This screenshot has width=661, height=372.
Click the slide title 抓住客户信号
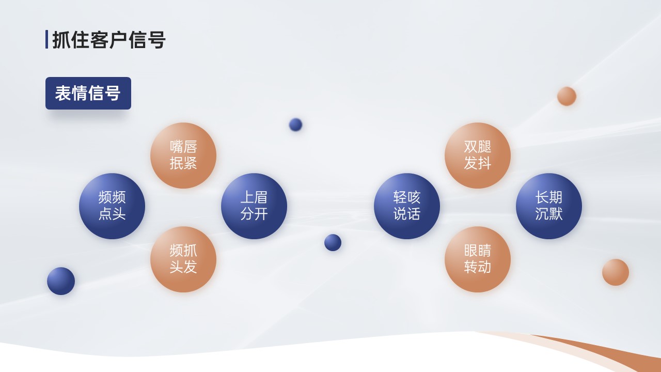(x=108, y=40)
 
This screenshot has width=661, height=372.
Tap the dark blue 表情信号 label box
(x=88, y=94)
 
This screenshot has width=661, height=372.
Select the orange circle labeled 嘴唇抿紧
(x=183, y=156)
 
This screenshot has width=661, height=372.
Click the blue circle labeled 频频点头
(x=112, y=206)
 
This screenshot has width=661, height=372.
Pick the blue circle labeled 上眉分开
(x=254, y=206)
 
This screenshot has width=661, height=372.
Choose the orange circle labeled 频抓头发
(x=183, y=259)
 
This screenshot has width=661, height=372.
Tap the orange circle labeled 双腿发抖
(x=478, y=156)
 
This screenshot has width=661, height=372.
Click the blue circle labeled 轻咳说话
(x=407, y=206)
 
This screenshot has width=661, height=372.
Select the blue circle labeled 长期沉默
(x=549, y=206)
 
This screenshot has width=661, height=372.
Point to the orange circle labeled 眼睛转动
(x=478, y=259)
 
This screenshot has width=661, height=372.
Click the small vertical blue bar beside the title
(x=46, y=39)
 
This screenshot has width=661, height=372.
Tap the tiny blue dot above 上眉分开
(x=295, y=125)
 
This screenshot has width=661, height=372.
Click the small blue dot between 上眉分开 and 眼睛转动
(x=333, y=243)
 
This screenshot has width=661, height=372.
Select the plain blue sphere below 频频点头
(x=61, y=281)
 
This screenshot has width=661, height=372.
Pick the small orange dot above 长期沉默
(x=566, y=96)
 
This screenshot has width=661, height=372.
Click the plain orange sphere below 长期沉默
(x=616, y=272)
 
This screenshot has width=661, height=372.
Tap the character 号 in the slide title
(x=156, y=40)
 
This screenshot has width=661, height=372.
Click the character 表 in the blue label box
(x=62, y=94)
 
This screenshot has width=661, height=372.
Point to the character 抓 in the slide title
(x=61, y=40)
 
